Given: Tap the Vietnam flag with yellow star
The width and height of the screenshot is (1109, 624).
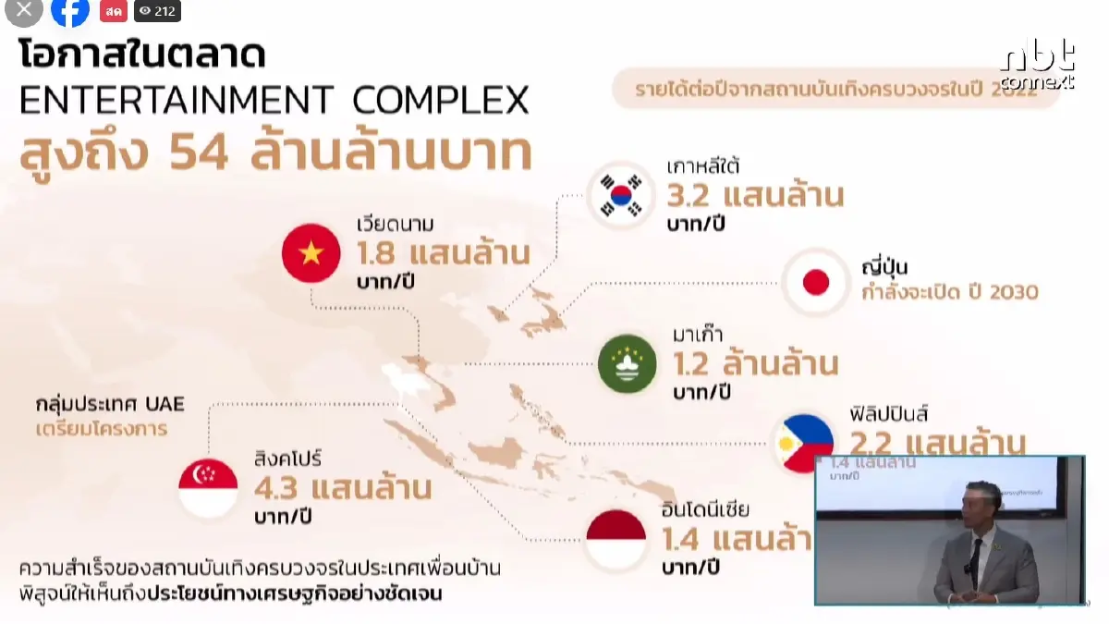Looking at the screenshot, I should point(311,252).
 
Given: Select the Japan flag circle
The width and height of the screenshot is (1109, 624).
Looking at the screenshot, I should point(815,282).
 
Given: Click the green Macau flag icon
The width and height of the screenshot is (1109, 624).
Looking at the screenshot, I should point(628,363).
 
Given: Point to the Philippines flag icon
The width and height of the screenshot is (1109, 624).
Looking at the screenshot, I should point(800,442).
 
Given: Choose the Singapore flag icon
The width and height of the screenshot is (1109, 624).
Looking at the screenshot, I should point(208,488).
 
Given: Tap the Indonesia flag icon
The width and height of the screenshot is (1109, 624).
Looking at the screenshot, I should point(616,539).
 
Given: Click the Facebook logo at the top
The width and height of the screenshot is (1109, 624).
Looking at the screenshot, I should point(70,11).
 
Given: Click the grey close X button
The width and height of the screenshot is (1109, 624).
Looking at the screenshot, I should point(24,10).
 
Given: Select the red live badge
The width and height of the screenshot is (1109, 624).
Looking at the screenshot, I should point(114,11).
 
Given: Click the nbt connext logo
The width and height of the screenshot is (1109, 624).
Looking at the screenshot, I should point(1038,65).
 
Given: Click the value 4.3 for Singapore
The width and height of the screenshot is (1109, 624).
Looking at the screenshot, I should point(276,486).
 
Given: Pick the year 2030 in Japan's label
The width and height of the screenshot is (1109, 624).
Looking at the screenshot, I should point(1014,292).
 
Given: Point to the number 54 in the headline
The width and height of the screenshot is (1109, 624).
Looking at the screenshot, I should point(199,153).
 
